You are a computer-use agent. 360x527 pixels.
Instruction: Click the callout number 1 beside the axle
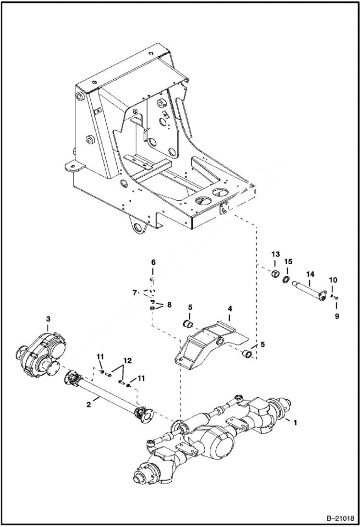pos(295,423)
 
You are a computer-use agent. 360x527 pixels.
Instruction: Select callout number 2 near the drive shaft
pos(89,405)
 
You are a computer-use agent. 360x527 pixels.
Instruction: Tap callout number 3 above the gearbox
pos(48,319)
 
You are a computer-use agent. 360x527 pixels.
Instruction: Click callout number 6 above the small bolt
pos(153,262)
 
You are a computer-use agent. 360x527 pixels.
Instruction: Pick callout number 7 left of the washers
pos(135,292)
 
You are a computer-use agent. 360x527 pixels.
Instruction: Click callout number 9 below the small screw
pos(337,317)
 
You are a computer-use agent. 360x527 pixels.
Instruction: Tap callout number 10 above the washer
pos(333,280)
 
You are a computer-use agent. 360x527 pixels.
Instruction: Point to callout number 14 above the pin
pos(310,273)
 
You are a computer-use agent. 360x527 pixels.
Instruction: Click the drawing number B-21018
pos(338,518)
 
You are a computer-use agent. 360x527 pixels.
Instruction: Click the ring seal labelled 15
pos(286,280)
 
